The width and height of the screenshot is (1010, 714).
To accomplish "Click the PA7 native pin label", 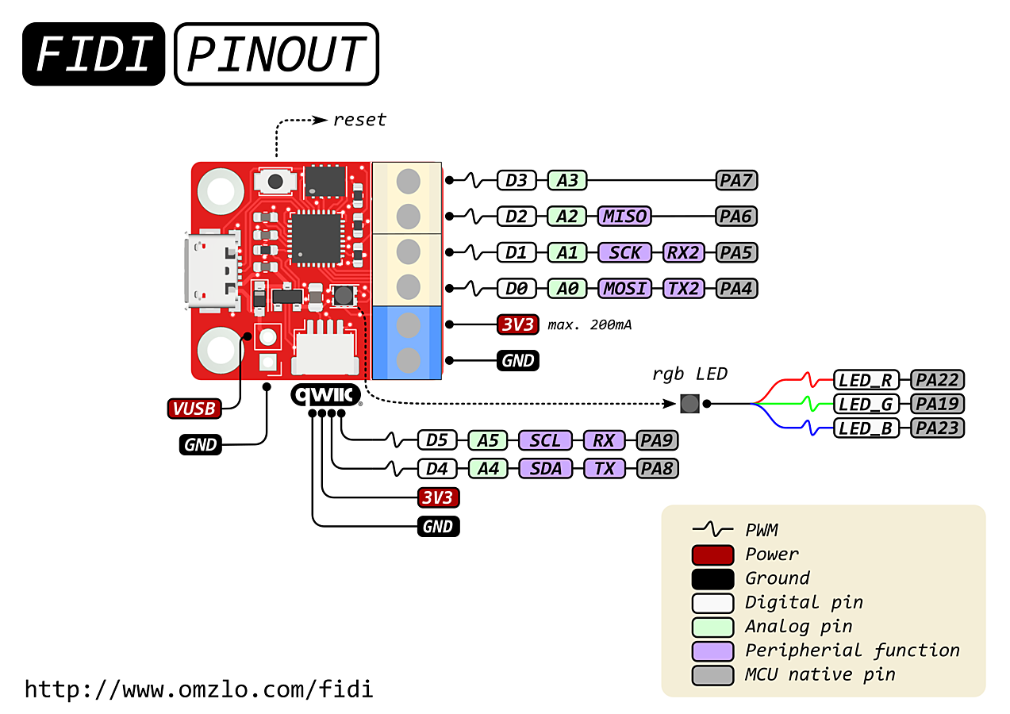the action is [736, 180].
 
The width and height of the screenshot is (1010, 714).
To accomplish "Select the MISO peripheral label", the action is [624, 217].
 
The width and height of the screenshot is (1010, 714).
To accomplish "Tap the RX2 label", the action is [683, 252].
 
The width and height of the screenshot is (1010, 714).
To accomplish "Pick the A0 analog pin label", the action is [567, 289].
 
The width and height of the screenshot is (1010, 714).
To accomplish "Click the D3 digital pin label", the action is [517, 180].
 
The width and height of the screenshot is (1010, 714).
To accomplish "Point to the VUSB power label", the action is [194, 409].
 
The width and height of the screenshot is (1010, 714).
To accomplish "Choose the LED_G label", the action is [866, 404].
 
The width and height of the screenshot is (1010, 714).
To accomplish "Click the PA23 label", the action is [938, 428].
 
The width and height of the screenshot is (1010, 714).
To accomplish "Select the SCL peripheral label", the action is [545, 440].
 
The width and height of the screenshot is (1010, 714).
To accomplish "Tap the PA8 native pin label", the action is [657, 469].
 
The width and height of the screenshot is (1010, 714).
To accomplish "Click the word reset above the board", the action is [359, 120].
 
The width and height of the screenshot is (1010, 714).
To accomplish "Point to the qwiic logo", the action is [326, 395].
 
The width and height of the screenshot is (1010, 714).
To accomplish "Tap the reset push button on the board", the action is [275, 182].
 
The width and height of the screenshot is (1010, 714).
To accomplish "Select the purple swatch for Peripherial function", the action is [712, 651].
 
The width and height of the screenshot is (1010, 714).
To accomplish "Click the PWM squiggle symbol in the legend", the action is [712, 528].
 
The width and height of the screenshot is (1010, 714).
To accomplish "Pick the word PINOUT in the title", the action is [276, 54].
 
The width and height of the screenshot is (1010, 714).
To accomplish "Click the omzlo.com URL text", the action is [199, 689].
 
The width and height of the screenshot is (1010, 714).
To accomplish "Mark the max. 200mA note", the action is [589, 325].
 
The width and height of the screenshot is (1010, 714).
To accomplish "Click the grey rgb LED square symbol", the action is [690, 404].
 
